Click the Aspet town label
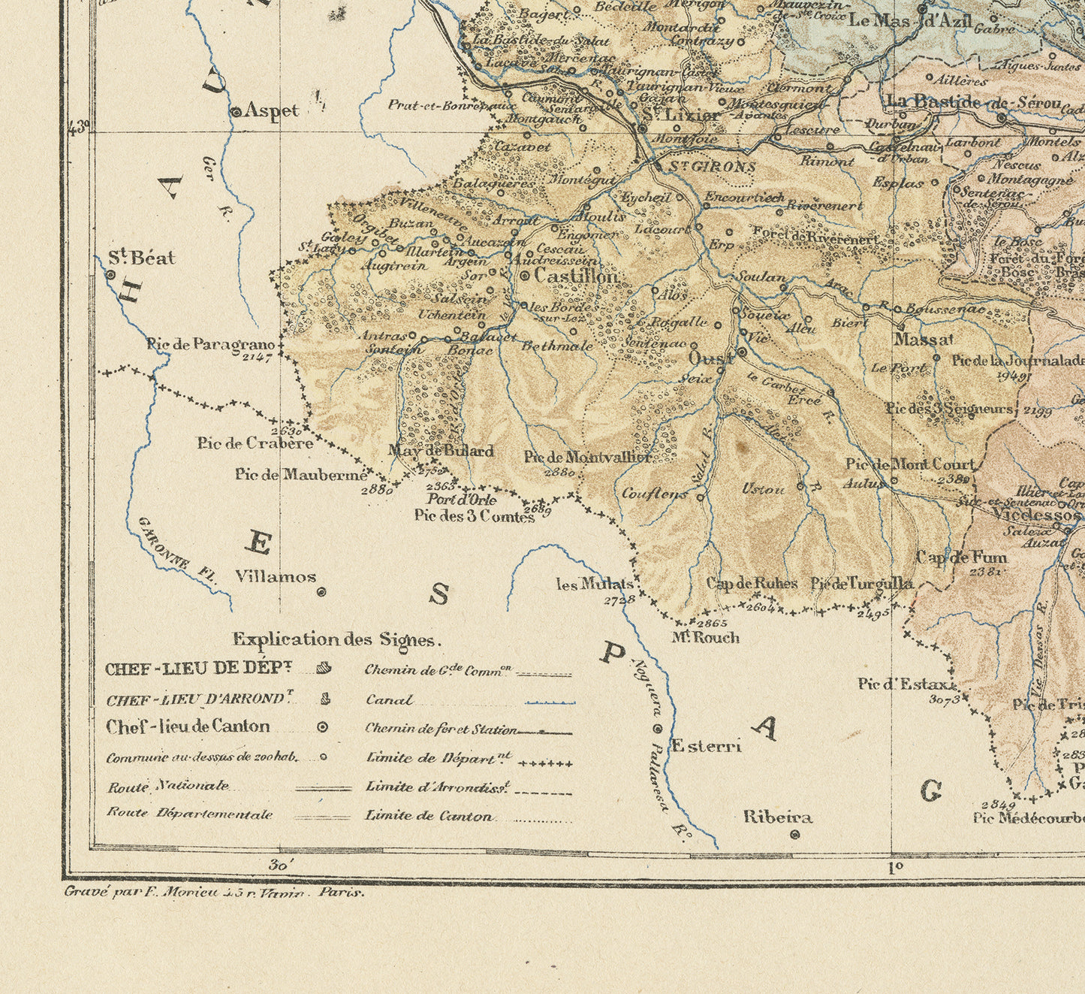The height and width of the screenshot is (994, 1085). (272, 110)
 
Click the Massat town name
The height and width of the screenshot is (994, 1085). (923, 340)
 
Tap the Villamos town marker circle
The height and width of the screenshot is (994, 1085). (321, 592)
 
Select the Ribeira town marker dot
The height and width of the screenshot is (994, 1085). (795, 834)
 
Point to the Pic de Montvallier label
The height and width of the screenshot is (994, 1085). (587, 456)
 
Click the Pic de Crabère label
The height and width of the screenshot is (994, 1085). (255, 443)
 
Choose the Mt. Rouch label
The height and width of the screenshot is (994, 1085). (705, 638)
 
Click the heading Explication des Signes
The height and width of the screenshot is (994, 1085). (336, 639)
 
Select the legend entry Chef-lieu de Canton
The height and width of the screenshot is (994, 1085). (188, 727)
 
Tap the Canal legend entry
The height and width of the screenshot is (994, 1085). (389, 700)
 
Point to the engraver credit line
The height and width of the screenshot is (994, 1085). (214, 893)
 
